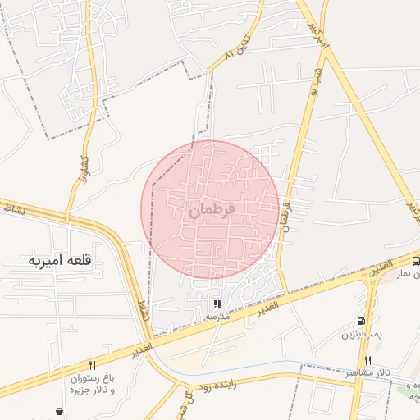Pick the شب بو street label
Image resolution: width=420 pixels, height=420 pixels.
pos(315,82)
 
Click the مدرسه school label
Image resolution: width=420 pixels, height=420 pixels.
pos(217,317)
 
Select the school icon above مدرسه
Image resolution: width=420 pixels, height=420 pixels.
pos(217,304)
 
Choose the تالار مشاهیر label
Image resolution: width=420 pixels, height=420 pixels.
pos(367,373)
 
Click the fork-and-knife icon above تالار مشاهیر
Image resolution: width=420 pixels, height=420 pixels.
pos(367,360)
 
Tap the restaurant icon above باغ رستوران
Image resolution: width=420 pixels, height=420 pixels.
pos(92,365)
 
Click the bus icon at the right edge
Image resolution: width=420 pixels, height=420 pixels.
pos(416,262)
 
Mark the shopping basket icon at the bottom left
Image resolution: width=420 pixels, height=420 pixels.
pos(59,411)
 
